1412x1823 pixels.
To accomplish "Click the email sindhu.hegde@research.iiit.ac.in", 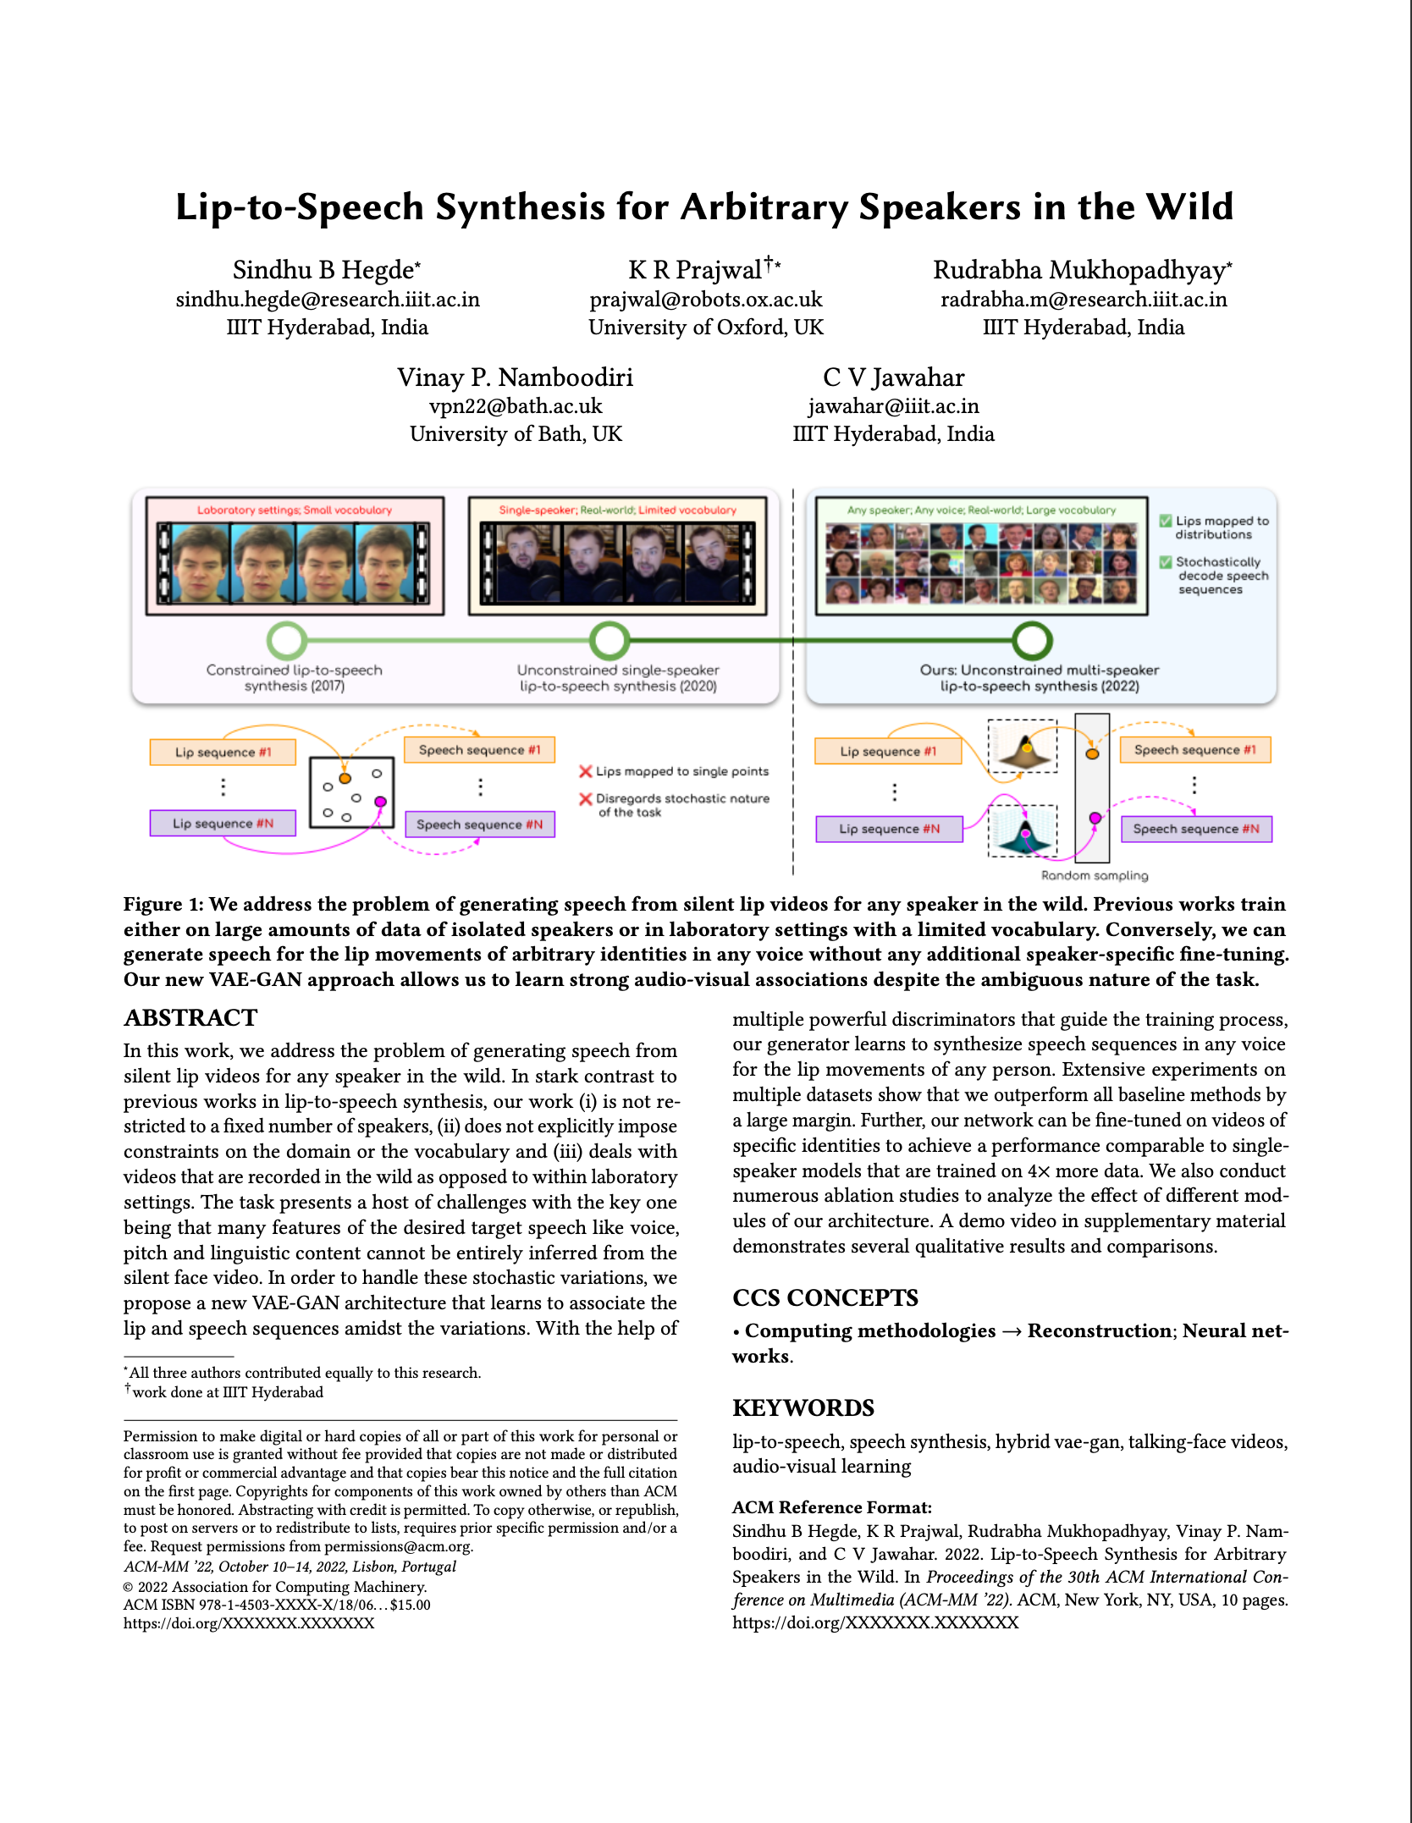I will coord(328,300).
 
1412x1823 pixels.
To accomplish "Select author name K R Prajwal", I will coord(695,270).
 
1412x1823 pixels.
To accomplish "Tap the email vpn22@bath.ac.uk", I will coord(516,406).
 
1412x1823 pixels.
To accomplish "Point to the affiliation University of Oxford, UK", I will coord(705,328).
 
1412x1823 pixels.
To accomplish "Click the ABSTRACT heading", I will coord(190,1017).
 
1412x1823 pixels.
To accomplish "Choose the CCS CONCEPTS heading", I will coord(825,1297).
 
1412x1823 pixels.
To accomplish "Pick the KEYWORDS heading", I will coord(803,1407).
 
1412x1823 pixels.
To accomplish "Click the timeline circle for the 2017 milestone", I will coord(287,641).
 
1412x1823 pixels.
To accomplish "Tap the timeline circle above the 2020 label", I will coord(609,641).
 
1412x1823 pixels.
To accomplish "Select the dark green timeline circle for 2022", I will coord(1032,641).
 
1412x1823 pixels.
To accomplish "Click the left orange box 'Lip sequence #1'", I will coord(223,752).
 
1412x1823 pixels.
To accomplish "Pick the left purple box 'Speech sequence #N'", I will coord(479,824).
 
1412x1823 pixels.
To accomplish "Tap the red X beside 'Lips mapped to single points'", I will coord(585,771).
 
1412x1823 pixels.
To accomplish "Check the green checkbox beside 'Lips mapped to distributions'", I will coord(1166,520).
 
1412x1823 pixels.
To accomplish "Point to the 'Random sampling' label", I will coord(1094,875).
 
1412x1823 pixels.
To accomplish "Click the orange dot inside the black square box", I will coord(345,778).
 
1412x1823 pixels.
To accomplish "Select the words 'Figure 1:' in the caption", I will coord(163,904).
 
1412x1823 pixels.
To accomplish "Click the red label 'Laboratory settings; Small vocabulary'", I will coord(295,510).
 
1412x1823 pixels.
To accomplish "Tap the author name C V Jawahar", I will coord(893,377).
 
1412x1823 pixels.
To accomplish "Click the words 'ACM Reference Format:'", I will coord(831,1507).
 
